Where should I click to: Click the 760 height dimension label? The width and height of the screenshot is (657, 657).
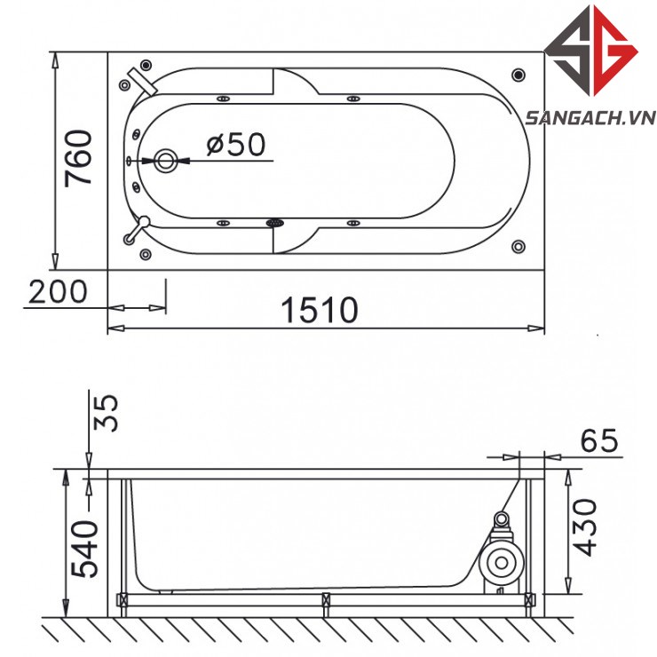(x=78, y=158)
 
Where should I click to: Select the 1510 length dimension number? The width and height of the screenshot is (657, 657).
(x=320, y=310)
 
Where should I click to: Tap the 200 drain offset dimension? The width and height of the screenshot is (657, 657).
(x=58, y=291)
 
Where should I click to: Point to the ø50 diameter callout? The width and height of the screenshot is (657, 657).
(x=236, y=144)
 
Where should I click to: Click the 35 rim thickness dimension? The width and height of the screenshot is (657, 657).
(x=106, y=412)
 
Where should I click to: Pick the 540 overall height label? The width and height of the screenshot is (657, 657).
(x=84, y=549)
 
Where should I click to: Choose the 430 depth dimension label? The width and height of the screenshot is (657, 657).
(x=583, y=527)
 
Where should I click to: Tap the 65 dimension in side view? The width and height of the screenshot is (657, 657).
(x=599, y=440)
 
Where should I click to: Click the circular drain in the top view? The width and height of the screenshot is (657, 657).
(x=165, y=161)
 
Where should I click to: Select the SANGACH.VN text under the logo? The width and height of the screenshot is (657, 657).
(x=590, y=118)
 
